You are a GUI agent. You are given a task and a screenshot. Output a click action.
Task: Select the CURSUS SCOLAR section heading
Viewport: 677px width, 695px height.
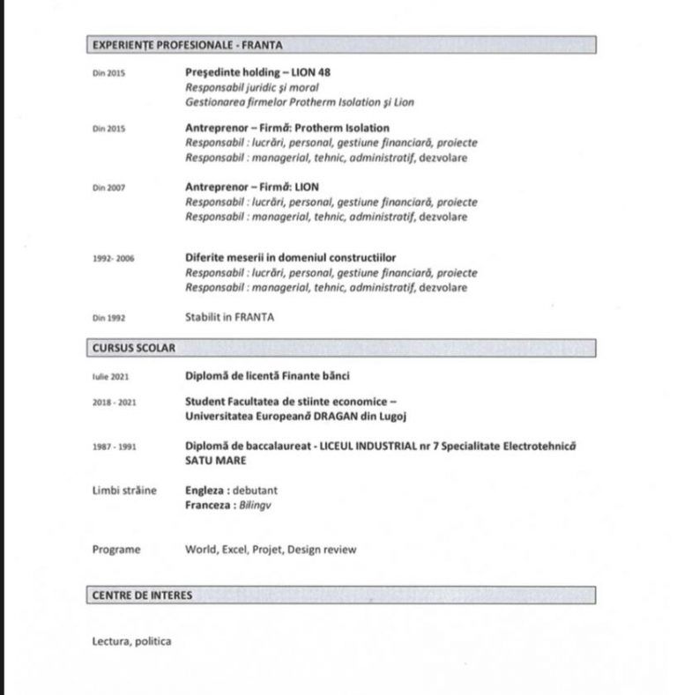coord(134,348)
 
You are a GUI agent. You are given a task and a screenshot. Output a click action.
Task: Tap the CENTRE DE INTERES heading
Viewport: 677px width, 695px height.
coord(142,595)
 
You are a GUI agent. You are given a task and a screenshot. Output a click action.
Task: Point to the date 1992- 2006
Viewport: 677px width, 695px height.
coord(113,259)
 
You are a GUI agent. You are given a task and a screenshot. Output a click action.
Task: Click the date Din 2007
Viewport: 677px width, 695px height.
coord(109,188)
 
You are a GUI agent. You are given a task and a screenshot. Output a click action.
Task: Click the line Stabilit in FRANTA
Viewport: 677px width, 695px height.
coord(229,317)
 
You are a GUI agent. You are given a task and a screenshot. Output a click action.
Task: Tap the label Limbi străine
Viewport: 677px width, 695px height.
coord(124,491)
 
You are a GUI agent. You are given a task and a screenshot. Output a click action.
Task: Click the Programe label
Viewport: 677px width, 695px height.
coord(116,550)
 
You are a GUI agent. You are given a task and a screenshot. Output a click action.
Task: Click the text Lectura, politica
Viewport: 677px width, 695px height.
coord(132,640)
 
